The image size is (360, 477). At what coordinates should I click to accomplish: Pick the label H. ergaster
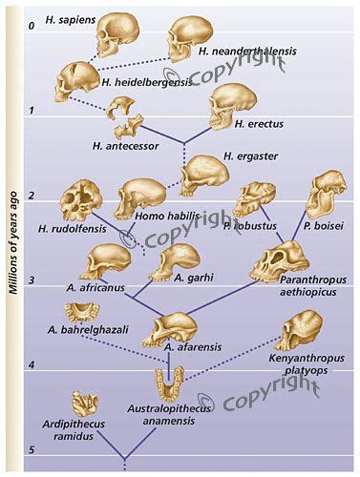[243, 156]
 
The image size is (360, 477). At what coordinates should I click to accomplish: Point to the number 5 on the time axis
[31, 450]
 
